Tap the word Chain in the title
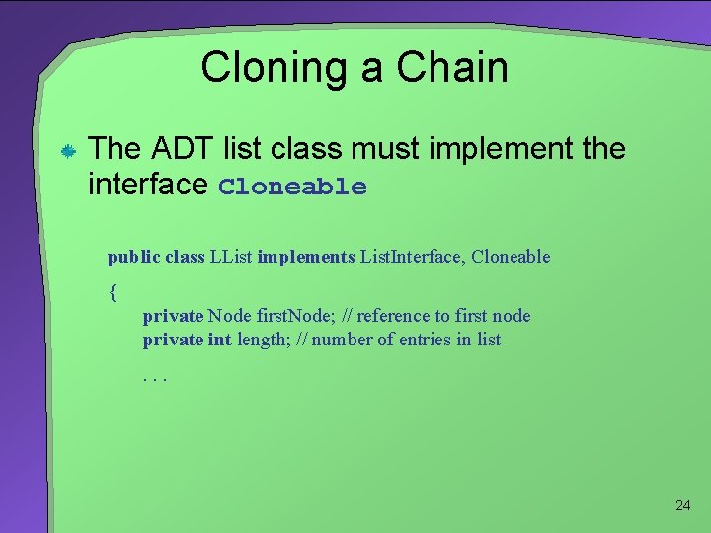pos(452,67)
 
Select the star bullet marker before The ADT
pos(62,152)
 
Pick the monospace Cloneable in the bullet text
pos(292,188)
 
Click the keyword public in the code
pos(133,258)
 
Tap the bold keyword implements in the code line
pos(305,258)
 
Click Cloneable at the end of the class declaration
pos(511,258)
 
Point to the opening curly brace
pos(113,291)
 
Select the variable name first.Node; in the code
pos(293,316)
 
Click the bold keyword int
pos(219,340)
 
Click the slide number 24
pos(682,505)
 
